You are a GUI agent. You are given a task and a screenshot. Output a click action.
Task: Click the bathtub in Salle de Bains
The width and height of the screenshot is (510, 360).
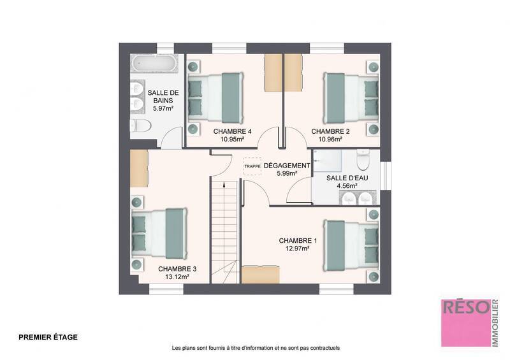(x=153, y=65)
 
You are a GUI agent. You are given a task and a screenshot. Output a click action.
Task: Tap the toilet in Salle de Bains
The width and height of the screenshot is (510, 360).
(x=140, y=126)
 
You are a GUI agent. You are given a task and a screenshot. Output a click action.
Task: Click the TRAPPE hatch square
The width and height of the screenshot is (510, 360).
(x=252, y=166)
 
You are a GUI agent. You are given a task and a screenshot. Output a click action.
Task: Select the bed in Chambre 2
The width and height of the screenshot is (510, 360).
(x=351, y=96)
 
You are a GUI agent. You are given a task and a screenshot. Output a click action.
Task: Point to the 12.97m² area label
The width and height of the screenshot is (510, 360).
(x=298, y=249)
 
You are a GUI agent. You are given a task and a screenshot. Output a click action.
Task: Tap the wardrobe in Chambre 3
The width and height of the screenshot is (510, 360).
(x=138, y=169)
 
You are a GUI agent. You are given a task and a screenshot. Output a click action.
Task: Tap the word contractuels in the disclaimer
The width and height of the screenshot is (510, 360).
(x=324, y=349)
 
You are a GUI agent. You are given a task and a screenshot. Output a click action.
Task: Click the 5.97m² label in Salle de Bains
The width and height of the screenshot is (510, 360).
(x=164, y=109)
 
